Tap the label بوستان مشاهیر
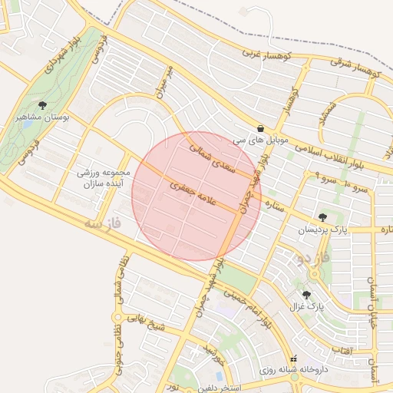point(42,119)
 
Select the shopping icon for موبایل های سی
point(262,129)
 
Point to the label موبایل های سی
point(262,142)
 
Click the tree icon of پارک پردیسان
point(322,217)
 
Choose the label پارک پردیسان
point(322,230)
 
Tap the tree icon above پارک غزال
point(307,295)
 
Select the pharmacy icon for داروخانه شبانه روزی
point(292,359)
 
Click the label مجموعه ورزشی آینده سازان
point(105,180)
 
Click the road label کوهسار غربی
point(266,55)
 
